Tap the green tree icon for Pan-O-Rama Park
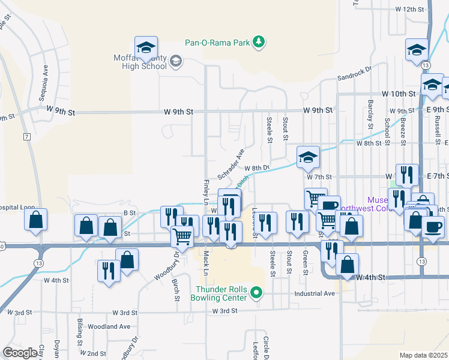coord(259,41)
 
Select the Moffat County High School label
coord(140,62)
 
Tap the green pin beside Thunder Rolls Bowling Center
coord(256,293)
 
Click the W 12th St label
coord(410,10)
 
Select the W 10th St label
coord(399,94)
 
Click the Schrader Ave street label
coord(231,163)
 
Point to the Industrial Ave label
coord(314,294)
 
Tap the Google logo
coord(20,353)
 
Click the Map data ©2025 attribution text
coord(424,355)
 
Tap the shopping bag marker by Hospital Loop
coord(36,220)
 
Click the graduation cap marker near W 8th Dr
coord(308,157)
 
